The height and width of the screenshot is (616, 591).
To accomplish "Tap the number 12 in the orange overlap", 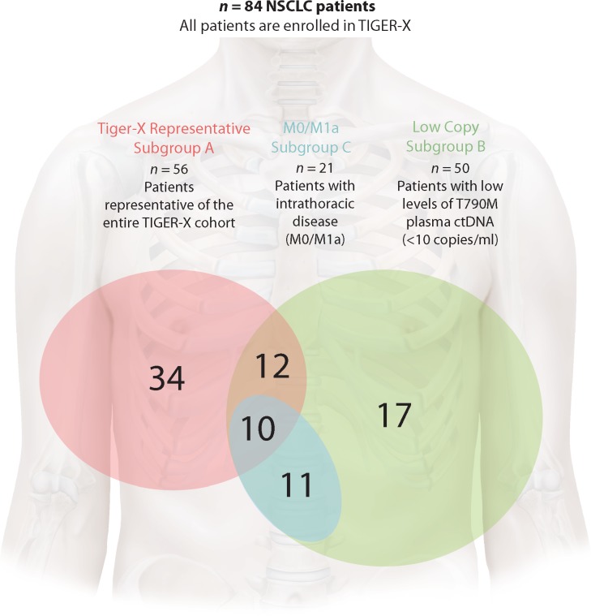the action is tap(272, 368).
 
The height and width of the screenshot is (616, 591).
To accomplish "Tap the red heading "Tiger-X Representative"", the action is tap(173, 129).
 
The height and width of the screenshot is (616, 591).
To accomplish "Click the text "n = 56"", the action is tap(173, 170).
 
